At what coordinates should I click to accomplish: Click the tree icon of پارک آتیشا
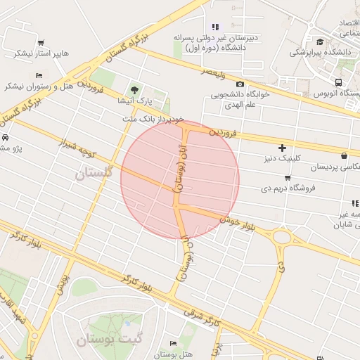(x=134, y=89)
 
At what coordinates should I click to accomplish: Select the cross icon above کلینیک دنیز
(x=282, y=148)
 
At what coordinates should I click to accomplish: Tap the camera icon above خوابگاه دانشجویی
(x=240, y=84)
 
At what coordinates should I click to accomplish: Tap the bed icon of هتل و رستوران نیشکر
(x=38, y=75)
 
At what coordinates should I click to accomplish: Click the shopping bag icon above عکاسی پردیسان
(x=344, y=156)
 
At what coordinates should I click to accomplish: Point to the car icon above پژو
(x=6, y=138)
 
